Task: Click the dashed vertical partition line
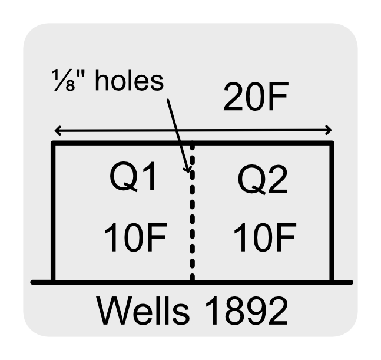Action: tap(193, 224)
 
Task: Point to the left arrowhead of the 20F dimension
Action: tap(55, 131)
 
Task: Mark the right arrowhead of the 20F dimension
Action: tap(330, 131)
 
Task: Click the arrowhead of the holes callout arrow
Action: tap(189, 171)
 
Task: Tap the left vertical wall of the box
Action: tap(53, 212)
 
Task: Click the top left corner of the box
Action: tap(53, 143)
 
